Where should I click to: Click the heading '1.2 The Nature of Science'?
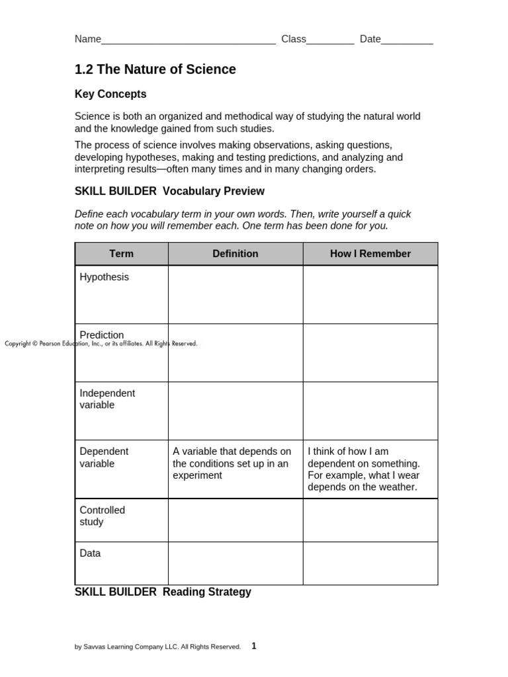[155, 69]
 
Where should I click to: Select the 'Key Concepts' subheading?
[110, 94]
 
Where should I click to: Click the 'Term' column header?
[122, 254]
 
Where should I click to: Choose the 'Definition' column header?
[235, 254]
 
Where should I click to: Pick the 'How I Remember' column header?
[370, 254]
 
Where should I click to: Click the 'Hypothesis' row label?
[105, 277]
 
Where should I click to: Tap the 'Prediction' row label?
[102, 335]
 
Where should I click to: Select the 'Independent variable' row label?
[107, 399]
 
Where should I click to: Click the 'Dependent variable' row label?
[104, 458]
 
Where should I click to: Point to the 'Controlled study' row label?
[102, 516]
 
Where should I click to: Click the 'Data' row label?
[90, 553]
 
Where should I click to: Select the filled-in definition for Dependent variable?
[232, 463]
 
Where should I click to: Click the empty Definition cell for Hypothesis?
[235, 295]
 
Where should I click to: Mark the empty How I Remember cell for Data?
[370, 563]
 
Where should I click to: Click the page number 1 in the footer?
[254, 646]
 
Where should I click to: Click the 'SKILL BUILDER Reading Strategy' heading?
[163, 592]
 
